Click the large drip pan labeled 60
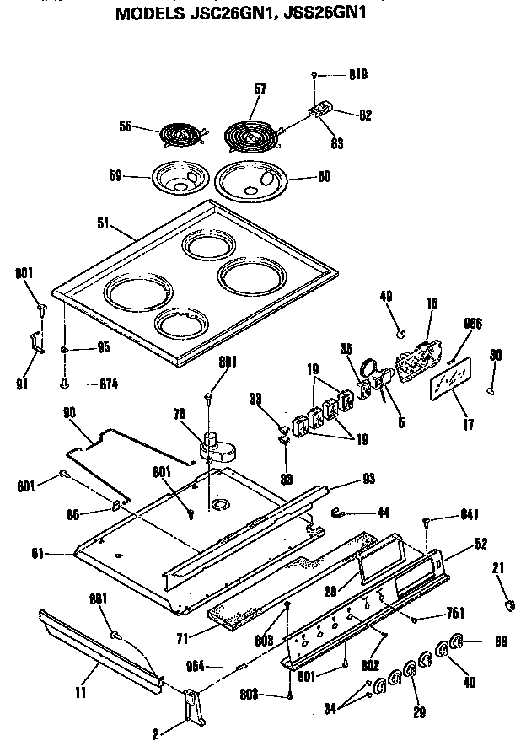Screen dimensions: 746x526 252,181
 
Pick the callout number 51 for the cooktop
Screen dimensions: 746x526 104,223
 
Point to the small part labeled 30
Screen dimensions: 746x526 491,390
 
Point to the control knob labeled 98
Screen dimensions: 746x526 459,642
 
